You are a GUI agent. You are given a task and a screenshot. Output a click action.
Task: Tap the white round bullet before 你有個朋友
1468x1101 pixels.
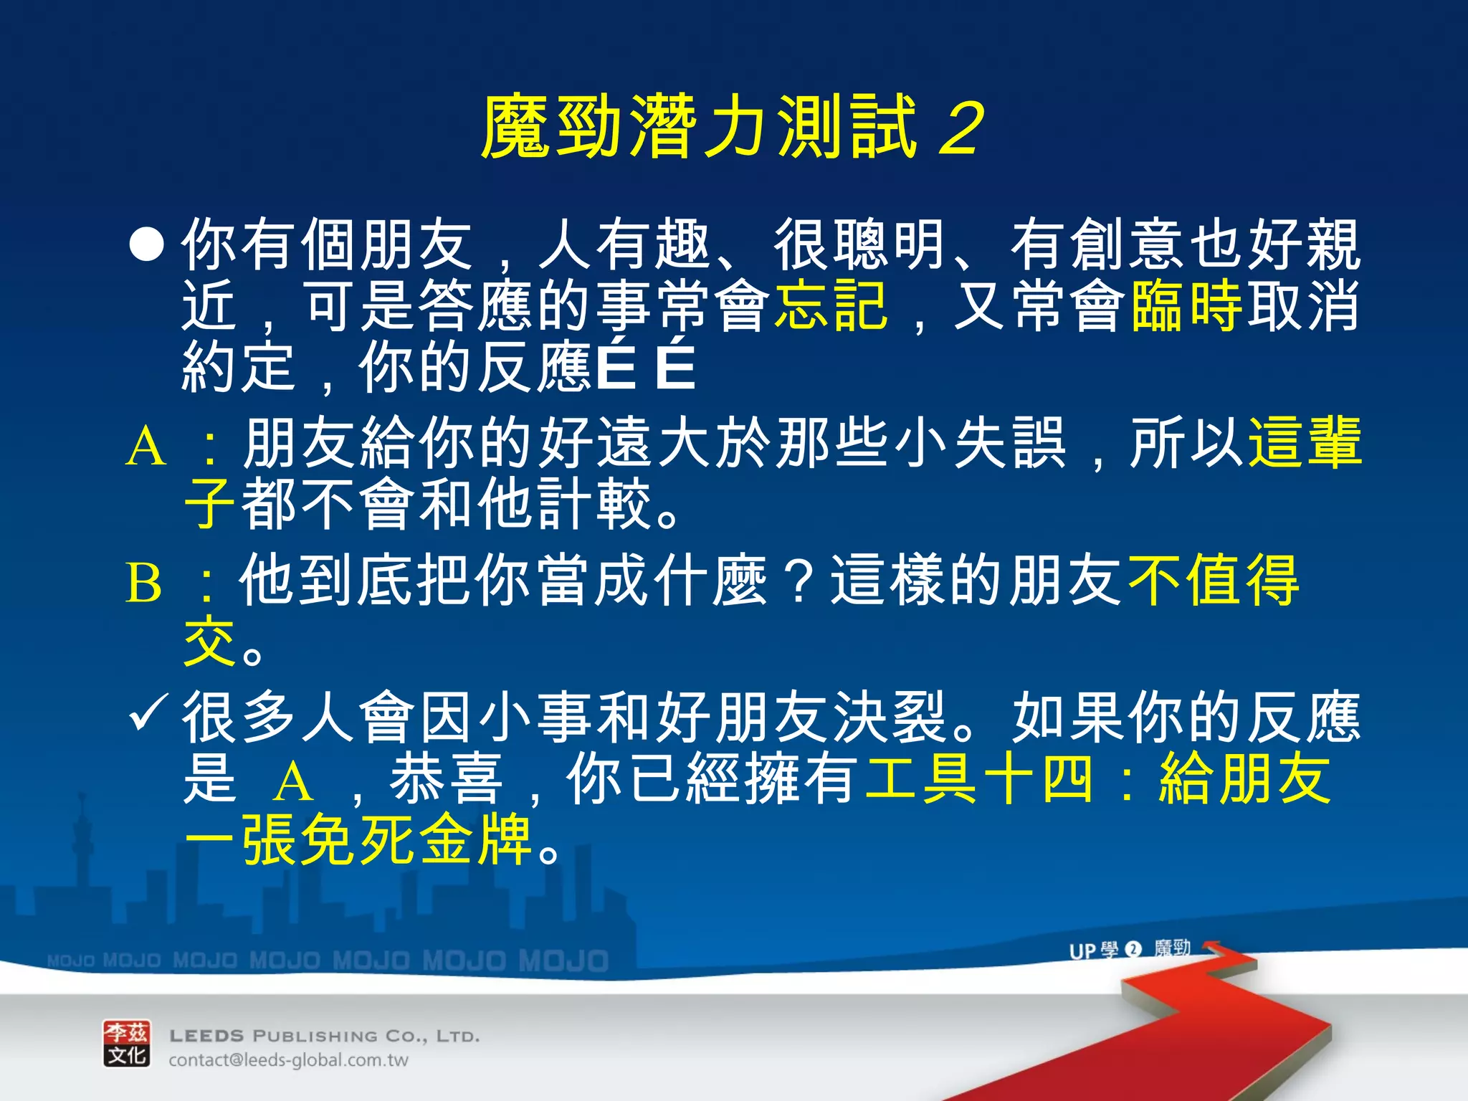146,245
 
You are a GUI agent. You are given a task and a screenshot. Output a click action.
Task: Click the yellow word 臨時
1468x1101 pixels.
1186,306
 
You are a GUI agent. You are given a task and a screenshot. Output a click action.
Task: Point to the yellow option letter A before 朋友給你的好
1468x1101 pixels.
146,446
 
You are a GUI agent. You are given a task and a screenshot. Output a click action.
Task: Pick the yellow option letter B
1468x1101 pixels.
143,582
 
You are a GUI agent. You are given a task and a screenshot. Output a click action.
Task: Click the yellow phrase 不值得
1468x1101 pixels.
1213,581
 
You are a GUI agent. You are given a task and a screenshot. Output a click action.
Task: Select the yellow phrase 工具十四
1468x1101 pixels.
979,779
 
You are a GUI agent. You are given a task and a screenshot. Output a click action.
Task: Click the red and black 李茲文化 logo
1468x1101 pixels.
127,1044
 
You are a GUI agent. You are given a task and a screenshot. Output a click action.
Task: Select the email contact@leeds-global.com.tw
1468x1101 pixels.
288,1060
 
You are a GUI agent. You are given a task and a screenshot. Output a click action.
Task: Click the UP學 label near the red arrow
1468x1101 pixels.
1092,950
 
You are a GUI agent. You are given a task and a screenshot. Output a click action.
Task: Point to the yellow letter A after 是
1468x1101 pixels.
293,781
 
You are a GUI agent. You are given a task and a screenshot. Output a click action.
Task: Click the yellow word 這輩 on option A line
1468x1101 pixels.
1305,443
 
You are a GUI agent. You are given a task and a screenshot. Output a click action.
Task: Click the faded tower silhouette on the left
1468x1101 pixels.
82,846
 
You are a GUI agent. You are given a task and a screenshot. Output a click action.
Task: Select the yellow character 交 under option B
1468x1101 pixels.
209,642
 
